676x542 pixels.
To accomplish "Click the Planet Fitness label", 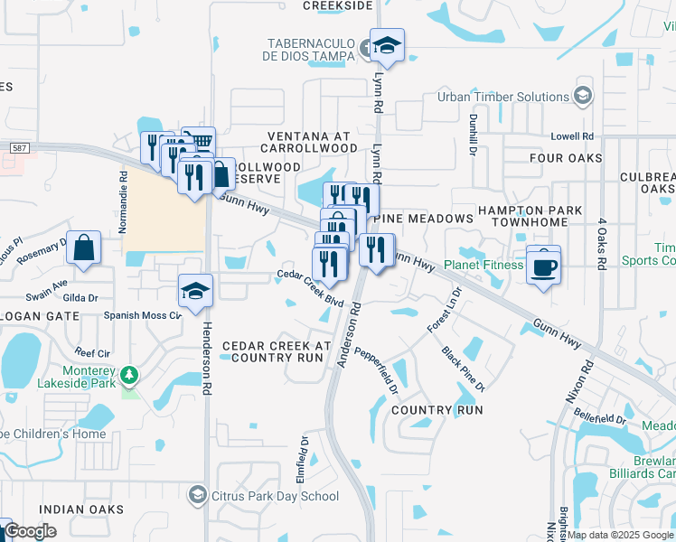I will click(484, 266).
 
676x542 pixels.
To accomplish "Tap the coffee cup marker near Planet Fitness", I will click(543, 267).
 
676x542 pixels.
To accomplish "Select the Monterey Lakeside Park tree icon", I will click(130, 374).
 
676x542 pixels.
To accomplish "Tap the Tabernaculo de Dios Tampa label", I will click(310, 51).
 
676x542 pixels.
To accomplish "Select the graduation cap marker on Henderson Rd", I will click(194, 291).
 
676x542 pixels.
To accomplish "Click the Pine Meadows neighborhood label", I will click(429, 220).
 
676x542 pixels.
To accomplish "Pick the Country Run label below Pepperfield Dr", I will click(437, 410).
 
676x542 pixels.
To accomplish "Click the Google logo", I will click(30, 531).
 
